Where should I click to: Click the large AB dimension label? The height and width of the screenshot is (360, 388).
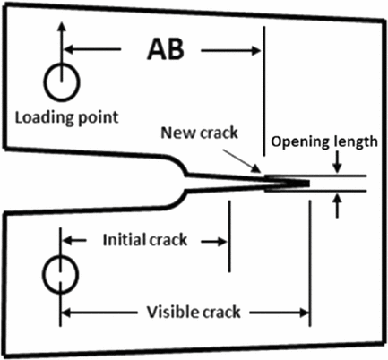tap(166, 49)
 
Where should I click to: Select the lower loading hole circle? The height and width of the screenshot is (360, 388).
tap(45, 275)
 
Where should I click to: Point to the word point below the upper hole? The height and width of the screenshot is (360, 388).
tap(99, 117)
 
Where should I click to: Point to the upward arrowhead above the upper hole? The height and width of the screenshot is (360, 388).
tap(62, 26)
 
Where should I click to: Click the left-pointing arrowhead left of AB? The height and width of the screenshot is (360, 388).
tap(69, 49)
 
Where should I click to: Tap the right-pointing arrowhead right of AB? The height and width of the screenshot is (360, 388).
tap(256, 50)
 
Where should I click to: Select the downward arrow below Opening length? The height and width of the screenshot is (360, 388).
tap(338, 162)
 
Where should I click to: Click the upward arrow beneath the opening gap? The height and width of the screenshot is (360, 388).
tap(338, 205)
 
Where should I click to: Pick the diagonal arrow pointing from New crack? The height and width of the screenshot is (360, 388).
tap(242, 161)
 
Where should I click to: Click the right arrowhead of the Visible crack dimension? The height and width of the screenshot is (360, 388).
tap(304, 313)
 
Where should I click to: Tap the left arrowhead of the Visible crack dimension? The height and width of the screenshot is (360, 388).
tap(66, 313)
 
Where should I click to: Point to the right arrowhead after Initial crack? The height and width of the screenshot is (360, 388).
tap(223, 242)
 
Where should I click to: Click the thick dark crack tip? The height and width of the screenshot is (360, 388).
tap(288, 183)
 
